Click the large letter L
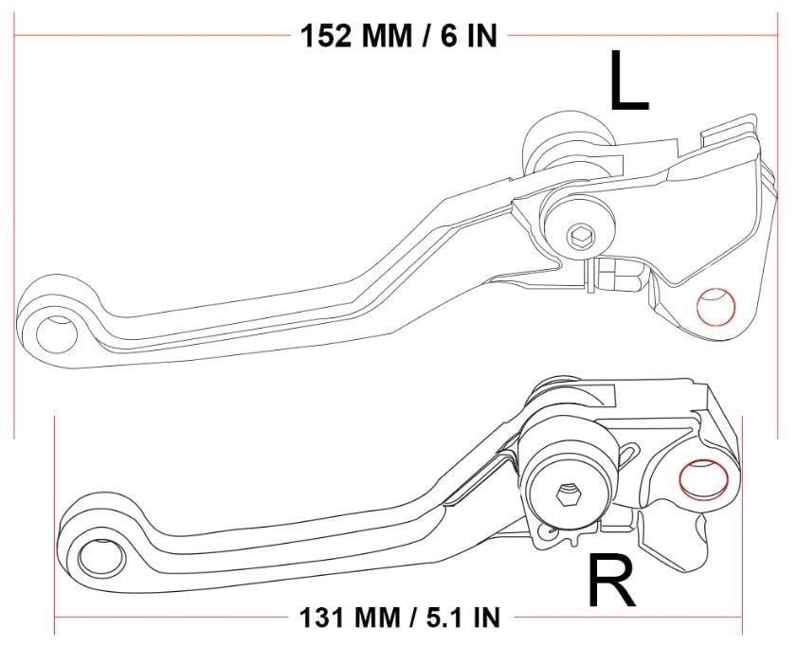(x=628, y=83)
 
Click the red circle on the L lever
(x=715, y=306)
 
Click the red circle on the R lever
(x=700, y=477)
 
